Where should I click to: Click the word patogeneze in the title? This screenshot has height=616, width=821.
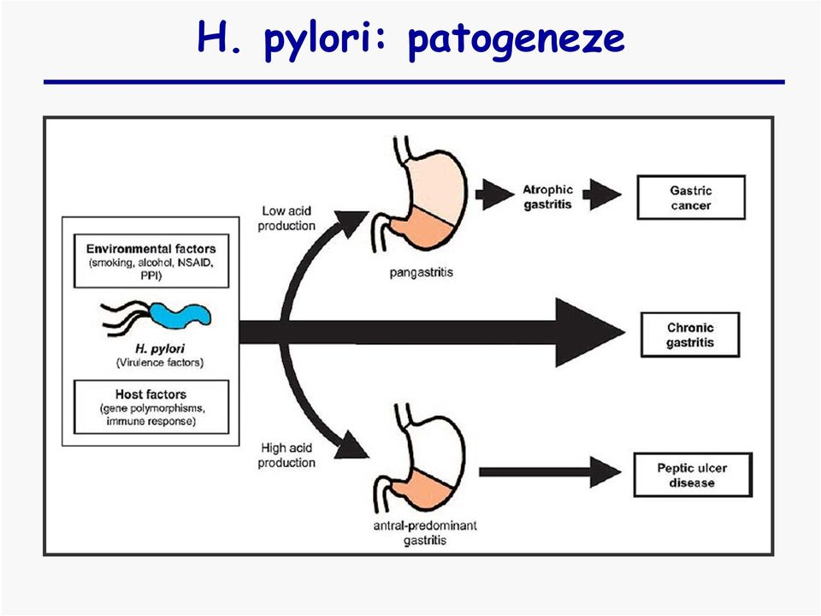tap(516, 38)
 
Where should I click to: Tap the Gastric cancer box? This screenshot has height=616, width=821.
tap(691, 198)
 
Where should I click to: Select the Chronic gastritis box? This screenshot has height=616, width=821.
tap(690, 335)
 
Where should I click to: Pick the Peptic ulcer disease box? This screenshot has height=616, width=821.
tap(693, 475)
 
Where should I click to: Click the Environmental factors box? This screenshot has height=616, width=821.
tap(151, 261)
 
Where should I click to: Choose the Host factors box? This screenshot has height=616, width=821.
tap(151, 407)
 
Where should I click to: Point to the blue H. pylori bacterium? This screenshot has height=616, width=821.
tap(180, 315)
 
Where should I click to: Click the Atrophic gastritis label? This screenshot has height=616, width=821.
tap(547, 197)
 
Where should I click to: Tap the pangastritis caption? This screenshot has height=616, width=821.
tap(421, 272)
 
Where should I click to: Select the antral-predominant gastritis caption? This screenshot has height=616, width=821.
tap(425, 533)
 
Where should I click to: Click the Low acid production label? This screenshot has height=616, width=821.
tap(286, 218)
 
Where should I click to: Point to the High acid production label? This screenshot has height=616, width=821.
tap(286, 455)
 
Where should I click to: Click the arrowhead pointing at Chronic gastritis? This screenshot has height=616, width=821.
tap(590, 332)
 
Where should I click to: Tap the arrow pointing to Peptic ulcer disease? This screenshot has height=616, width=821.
tap(550, 472)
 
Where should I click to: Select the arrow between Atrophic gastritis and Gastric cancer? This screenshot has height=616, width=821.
tap(602, 194)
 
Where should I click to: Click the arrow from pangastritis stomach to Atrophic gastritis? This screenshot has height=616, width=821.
tap(495, 194)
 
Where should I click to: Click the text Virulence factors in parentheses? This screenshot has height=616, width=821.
tap(160, 363)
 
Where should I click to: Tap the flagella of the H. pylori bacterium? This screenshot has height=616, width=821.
tap(127, 317)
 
